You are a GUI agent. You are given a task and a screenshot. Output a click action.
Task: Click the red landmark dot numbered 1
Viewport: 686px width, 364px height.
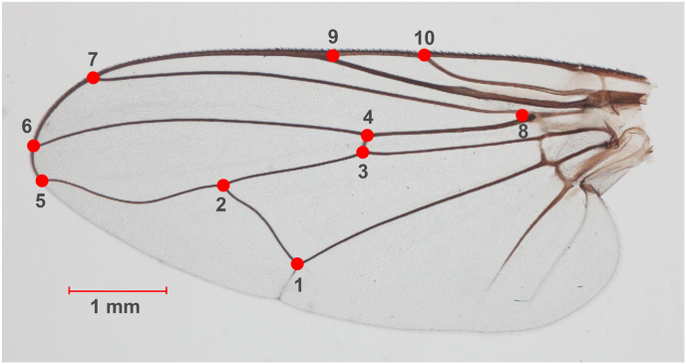(x=297, y=264)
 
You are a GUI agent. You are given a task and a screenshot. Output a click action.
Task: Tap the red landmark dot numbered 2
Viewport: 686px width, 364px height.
(x=223, y=185)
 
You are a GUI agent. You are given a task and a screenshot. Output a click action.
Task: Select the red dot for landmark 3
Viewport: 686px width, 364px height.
(x=363, y=153)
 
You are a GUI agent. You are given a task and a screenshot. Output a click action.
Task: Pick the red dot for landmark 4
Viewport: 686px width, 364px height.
(x=367, y=136)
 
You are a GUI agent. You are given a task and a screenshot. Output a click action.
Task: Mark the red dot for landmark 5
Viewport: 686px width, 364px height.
(x=42, y=181)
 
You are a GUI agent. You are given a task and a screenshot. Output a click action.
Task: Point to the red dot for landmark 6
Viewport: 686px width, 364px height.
(x=33, y=146)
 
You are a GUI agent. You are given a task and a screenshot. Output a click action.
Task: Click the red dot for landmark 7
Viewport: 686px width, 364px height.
(x=93, y=78)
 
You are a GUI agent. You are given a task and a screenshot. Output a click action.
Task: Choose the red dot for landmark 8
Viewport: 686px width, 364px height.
(x=521, y=116)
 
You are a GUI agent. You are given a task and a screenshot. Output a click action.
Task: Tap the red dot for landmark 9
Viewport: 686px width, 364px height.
(x=333, y=56)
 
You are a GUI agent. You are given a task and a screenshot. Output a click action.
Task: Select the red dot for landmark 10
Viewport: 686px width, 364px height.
(x=424, y=56)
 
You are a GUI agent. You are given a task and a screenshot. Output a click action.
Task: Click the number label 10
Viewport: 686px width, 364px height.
(x=425, y=37)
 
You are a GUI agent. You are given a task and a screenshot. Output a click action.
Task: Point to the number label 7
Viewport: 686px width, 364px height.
(x=93, y=58)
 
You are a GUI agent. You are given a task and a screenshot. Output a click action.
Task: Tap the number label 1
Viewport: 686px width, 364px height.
(x=297, y=284)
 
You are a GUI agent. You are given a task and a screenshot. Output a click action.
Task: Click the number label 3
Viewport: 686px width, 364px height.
(x=363, y=172)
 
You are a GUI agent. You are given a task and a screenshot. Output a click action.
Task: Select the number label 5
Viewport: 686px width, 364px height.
(x=41, y=200)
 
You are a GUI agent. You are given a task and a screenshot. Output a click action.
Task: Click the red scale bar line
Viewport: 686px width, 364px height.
(x=118, y=290)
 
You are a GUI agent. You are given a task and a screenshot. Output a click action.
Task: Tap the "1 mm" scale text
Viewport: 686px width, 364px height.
(x=116, y=308)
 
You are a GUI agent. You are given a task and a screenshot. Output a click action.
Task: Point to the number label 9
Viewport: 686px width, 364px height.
(x=333, y=36)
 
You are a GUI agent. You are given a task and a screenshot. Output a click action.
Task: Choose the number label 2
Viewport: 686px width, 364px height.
(x=220, y=205)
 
